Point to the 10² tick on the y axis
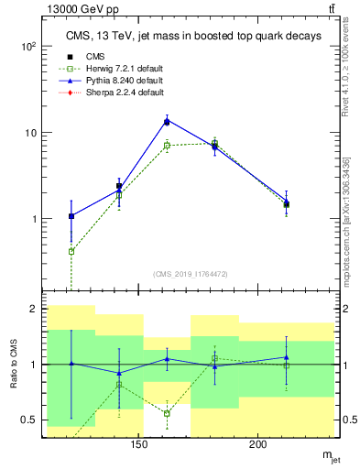[29, 46]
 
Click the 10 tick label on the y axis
[29, 133]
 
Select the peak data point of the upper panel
[167, 121]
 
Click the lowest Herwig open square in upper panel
[71, 251]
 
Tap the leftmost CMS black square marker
[71, 216]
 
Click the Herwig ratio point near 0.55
[167, 413]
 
